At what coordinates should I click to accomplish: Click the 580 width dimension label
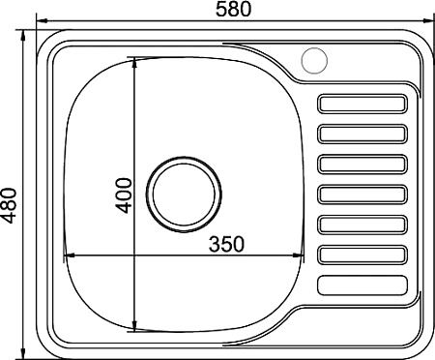(x=233, y=10)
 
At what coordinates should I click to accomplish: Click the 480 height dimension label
(x=9, y=206)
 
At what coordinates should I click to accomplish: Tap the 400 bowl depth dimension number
(x=124, y=195)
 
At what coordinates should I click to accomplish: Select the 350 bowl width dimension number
(x=226, y=244)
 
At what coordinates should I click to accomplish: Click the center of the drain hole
(x=184, y=195)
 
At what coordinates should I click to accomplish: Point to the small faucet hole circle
(x=314, y=61)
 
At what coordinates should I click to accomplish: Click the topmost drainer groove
(x=362, y=104)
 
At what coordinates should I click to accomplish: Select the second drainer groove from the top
(x=362, y=134)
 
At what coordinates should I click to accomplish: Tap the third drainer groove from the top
(x=362, y=165)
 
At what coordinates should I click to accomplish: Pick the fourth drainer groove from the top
(x=362, y=195)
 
